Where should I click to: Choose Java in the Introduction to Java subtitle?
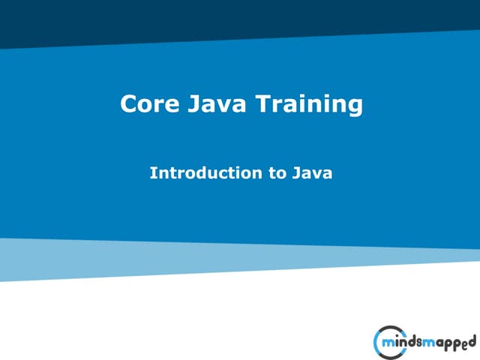pos(312,173)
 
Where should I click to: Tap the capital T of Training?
pos(263,104)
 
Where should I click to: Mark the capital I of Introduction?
pos(153,173)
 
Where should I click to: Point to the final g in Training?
pos(355,107)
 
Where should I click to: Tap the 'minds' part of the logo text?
pos(403,343)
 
